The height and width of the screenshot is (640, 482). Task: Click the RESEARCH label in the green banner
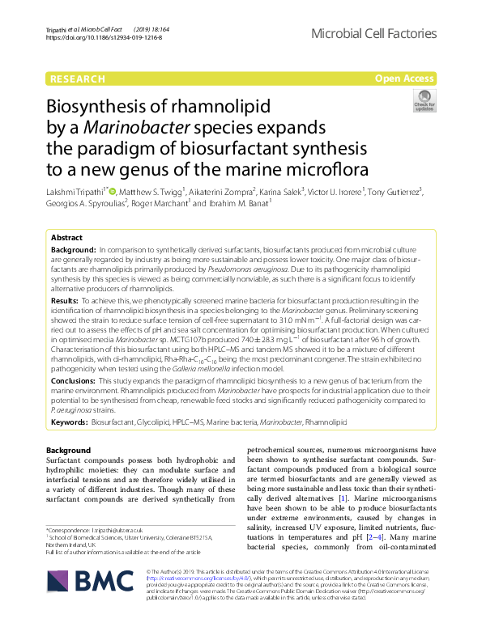pos(77,78)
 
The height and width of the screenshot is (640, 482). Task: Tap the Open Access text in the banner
pos(404,78)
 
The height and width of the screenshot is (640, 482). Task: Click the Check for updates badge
pos(424,101)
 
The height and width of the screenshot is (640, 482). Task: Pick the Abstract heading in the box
pos(66,238)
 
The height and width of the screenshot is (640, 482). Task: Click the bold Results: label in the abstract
pos(66,300)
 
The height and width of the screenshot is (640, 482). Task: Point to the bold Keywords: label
pos(70,422)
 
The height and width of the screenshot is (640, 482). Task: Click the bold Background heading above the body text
pos(69,449)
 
